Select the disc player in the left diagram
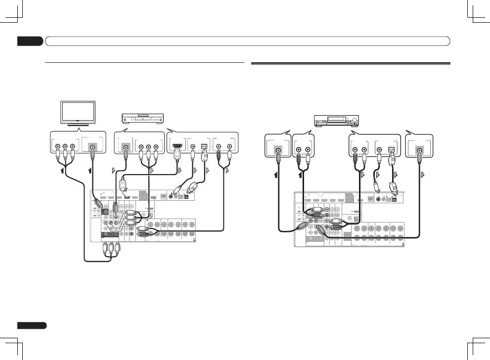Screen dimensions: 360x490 [142, 119]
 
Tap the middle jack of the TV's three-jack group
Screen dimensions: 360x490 [65, 147]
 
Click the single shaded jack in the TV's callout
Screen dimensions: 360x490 [92, 147]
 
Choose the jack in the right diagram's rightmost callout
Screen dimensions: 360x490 [420, 148]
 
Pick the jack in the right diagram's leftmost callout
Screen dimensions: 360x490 [278, 148]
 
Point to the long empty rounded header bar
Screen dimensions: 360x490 [247, 41]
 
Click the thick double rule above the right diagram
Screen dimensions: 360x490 [351, 63]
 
